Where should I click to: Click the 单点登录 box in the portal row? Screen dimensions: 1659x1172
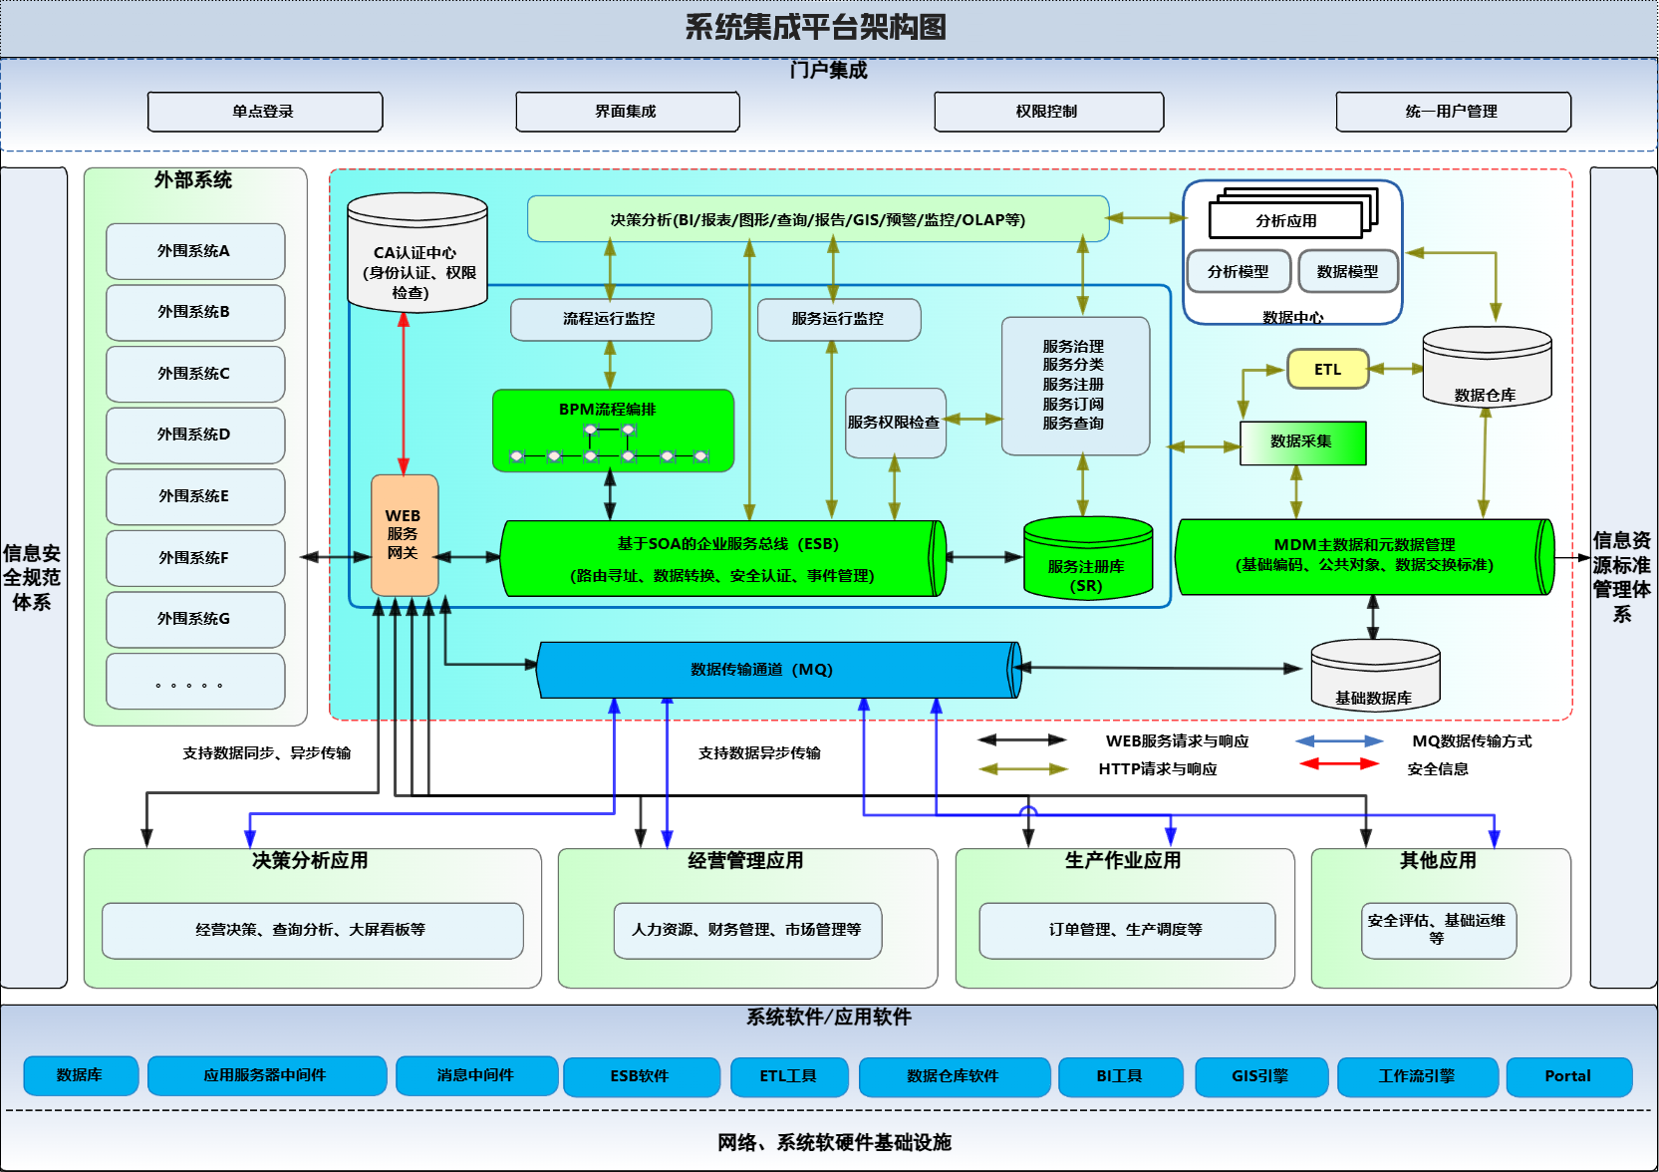(x=265, y=112)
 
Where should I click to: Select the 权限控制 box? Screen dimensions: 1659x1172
(x=1049, y=112)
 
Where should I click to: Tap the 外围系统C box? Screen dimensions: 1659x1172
(x=195, y=374)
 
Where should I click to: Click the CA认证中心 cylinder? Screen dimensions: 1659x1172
(x=417, y=252)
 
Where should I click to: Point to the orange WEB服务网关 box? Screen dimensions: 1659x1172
(x=405, y=535)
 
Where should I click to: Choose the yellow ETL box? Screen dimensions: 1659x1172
(x=1328, y=369)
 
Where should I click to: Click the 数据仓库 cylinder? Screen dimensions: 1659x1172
(x=1487, y=367)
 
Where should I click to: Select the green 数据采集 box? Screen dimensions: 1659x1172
(x=1302, y=443)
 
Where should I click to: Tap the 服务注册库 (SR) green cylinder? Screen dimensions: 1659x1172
(x=1088, y=557)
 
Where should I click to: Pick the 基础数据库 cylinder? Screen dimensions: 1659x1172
(x=1375, y=675)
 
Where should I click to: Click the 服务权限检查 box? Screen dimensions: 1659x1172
(x=895, y=423)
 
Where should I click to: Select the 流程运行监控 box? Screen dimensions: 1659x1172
(x=611, y=319)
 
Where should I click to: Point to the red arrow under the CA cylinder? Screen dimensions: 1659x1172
(x=404, y=394)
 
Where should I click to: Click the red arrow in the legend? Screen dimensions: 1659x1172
(x=1339, y=763)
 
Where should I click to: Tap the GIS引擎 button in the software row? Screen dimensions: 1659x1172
(x=1261, y=1076)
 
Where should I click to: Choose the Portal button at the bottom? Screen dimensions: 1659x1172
(x=1569, y=1076)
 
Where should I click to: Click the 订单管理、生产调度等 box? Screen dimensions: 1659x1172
(x=1127, y=931)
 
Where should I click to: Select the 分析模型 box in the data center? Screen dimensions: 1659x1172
(x=1239, y=272)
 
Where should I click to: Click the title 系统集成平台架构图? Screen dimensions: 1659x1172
(x=815, y=28)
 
